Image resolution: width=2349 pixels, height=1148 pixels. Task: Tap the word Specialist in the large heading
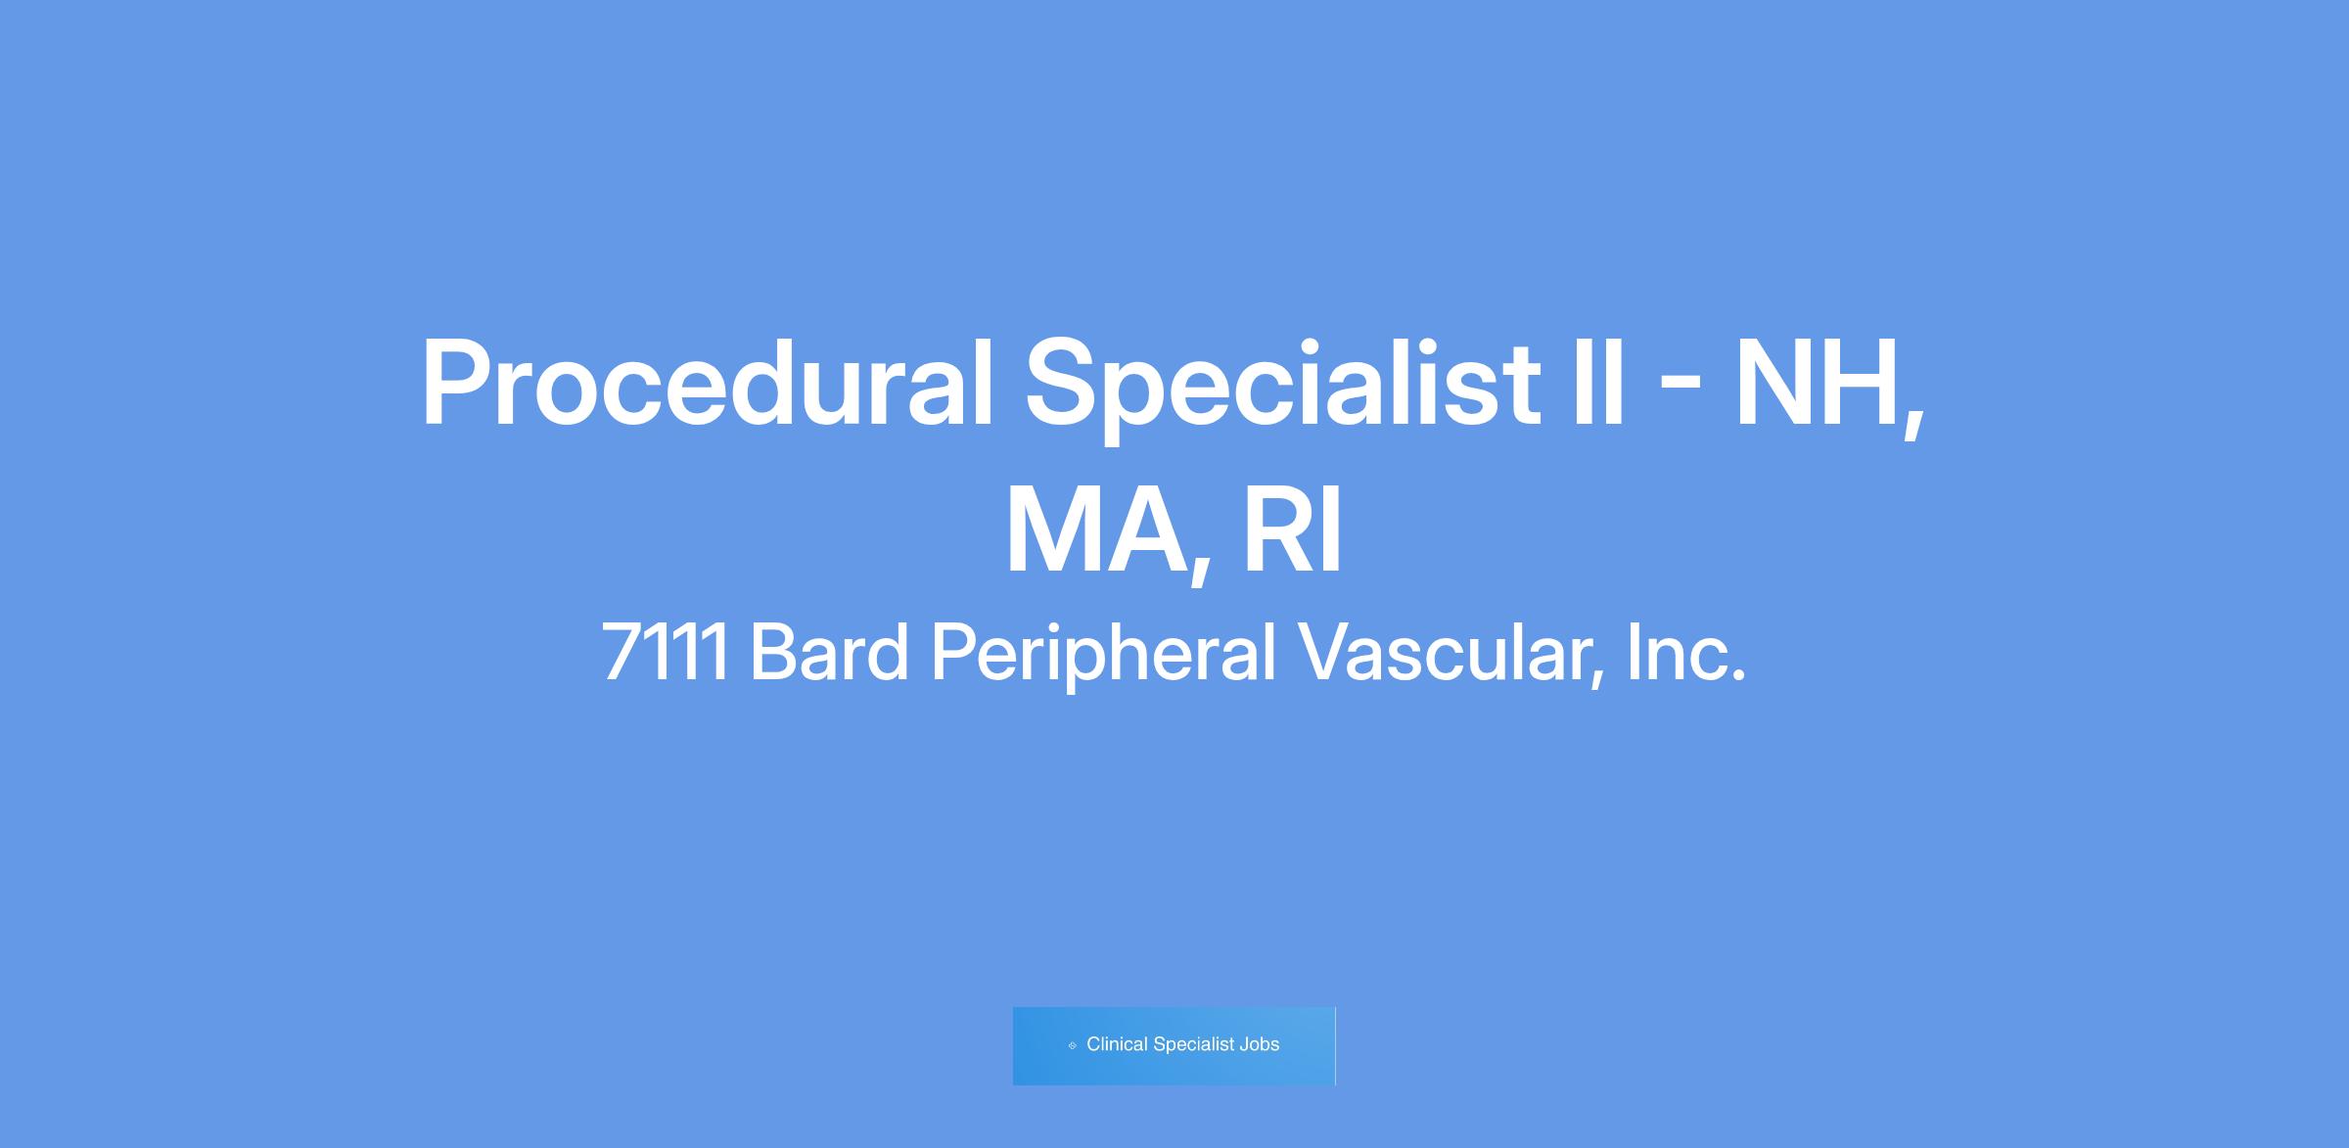point(1283,388)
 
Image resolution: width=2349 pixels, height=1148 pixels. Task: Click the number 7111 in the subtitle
point(665,651)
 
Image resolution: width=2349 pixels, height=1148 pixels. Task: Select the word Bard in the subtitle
point(829,651)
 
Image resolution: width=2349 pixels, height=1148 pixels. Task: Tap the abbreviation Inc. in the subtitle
point(1685,651)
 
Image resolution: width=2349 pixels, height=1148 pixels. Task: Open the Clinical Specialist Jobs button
point(1174,1045)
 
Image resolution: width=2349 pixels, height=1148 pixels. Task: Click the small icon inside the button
point(1072,1045)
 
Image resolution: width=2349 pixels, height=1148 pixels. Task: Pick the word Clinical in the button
point(1117,1044)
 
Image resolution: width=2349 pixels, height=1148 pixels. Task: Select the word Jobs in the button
point(1259,1044)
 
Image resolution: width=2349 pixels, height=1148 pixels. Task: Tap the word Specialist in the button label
point(1194,1044)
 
